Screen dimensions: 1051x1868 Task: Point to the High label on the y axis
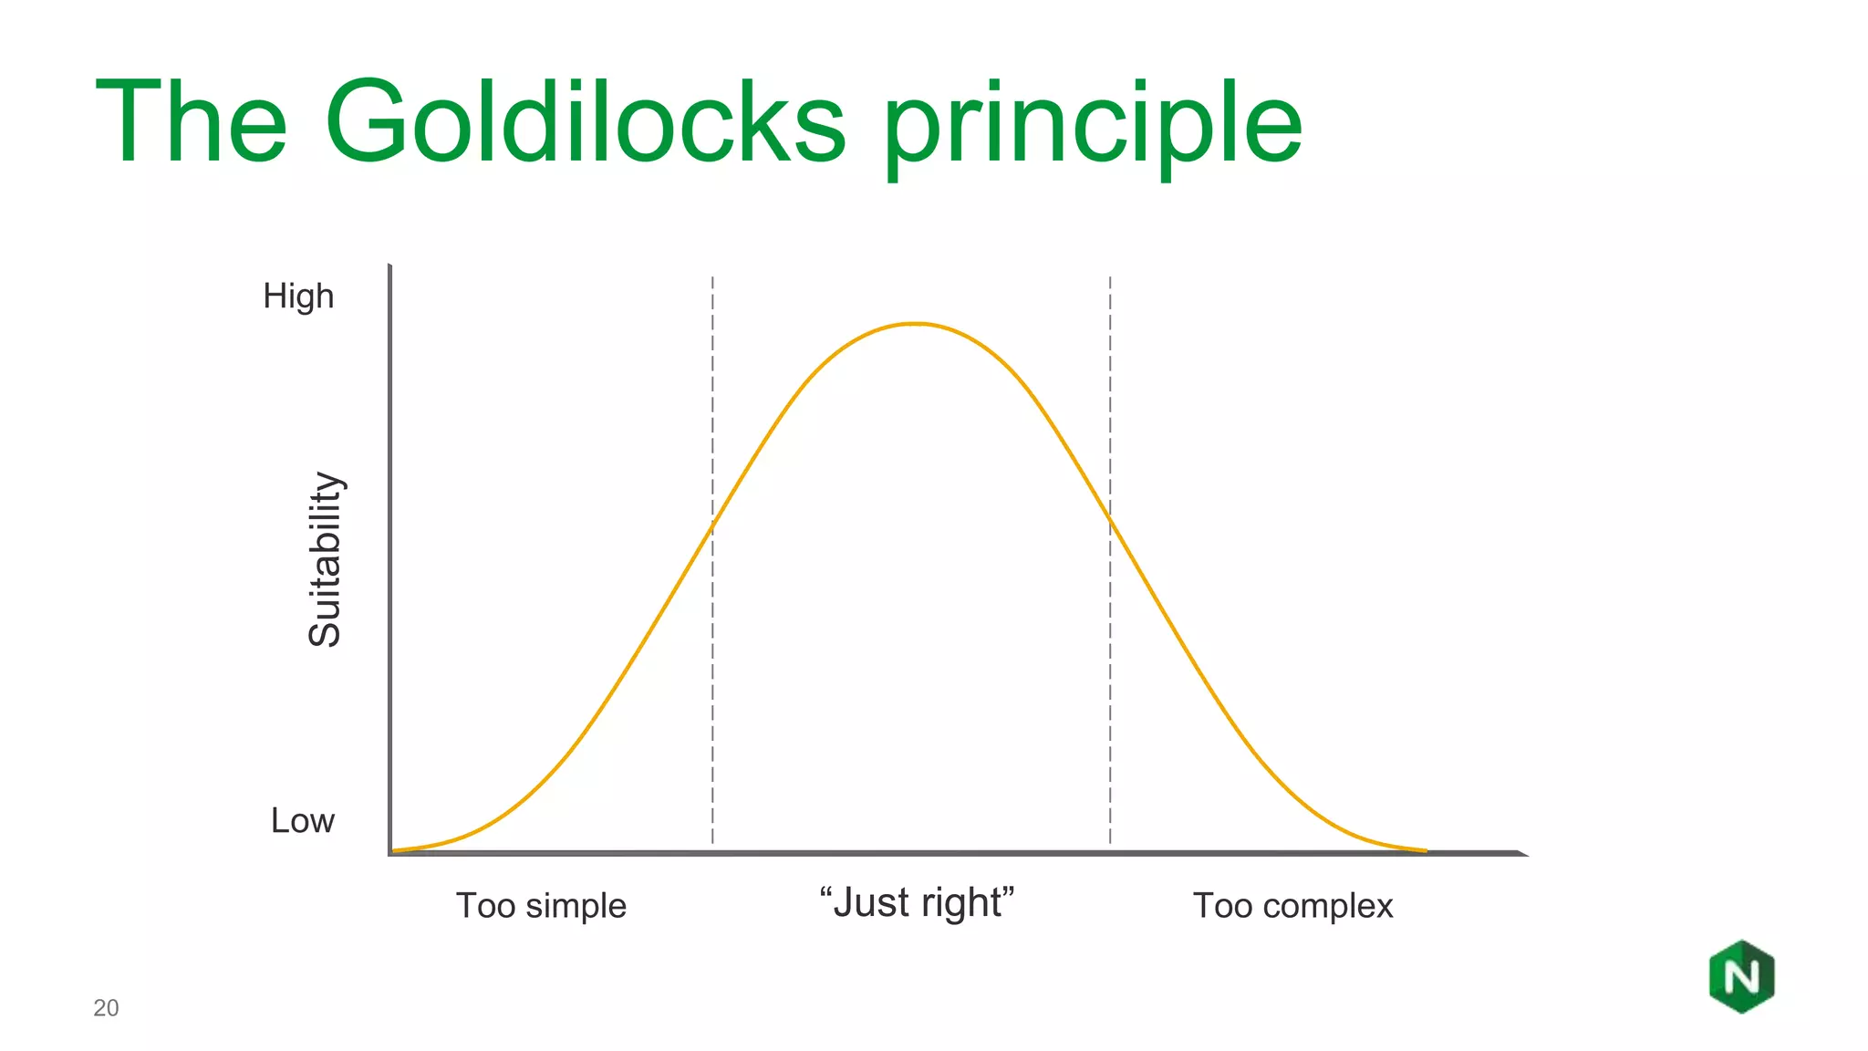pos(298,297)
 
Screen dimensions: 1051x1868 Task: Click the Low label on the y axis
pos(302,820)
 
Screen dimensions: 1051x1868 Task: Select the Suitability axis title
pos(325,559)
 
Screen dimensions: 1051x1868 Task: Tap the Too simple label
pos(541,906)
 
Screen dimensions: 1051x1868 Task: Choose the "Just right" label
pos(917,902)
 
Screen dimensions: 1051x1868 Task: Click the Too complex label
pos(1292,906)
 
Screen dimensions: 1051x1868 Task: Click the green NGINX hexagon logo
pos(1741,977)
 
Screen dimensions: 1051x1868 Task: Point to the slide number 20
pos(106,1008)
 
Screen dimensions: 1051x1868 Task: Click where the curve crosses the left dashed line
pos(712,527)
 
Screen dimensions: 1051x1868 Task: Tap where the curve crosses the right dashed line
pos(1110,518)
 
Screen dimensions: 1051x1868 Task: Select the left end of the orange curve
pos(394,850)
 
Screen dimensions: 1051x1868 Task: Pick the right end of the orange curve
pos(1425,850)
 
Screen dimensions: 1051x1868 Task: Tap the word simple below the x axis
pos(576,906)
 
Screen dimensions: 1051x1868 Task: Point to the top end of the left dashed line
pos(712,278)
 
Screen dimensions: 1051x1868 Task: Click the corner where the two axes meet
pos(390,853)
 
